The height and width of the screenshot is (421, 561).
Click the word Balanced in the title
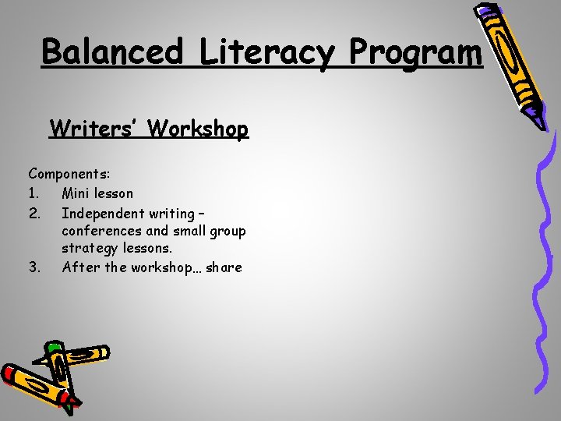[x=113, y=52]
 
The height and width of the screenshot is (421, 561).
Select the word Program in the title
[x=416, y=52]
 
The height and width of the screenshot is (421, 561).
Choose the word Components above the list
[x=68, y=174]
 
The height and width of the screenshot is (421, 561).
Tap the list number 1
[x=34, y=193]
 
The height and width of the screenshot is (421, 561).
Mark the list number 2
[x=34, y=212]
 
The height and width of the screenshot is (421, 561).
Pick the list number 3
[x=34, y=267]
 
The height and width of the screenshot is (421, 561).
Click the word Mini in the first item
[x=76, y=193]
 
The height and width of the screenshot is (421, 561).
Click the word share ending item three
[x=224, y=267]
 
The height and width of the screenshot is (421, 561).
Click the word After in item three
[x=78, y=267]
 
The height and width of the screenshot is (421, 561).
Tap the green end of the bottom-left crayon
[x=54, y=347]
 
